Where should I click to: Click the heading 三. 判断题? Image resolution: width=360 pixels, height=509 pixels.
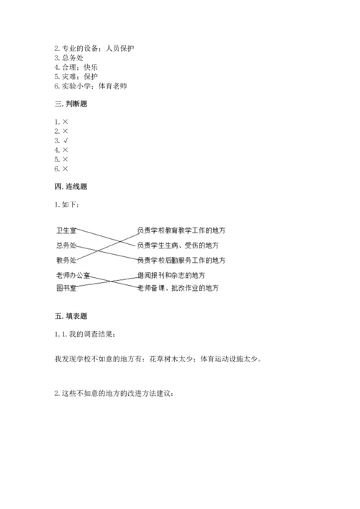[73, 104]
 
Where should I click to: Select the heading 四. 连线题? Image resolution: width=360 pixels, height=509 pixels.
[73, 186]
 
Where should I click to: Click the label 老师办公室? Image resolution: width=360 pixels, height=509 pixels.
[73, 275]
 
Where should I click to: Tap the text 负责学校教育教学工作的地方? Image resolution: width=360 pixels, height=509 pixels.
[181, 230]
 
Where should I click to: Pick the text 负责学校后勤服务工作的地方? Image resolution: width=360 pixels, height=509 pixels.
[181, 259]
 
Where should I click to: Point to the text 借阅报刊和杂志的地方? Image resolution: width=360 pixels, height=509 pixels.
[174, 275]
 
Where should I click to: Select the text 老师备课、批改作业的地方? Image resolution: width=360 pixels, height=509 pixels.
[178, 288]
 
